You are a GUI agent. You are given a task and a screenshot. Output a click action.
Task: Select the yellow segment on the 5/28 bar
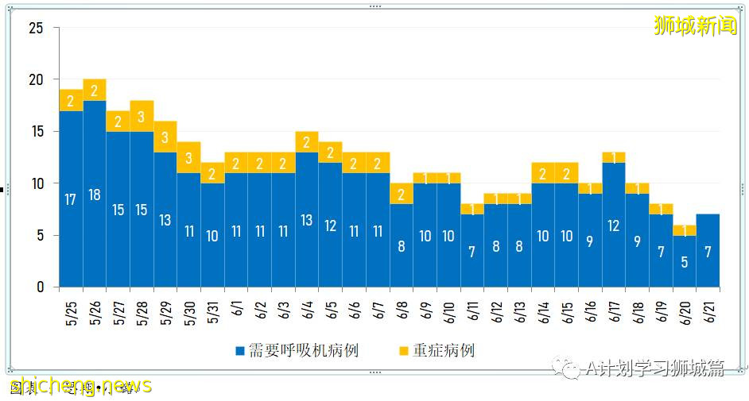tap(142, 116)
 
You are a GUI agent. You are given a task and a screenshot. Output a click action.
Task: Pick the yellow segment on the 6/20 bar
tap(685, 230)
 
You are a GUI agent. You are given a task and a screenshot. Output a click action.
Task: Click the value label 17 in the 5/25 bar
tap(71, 199)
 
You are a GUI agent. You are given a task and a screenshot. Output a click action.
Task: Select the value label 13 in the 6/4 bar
tap(307, 221)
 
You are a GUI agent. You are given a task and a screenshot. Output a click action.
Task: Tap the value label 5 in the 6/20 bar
tap(685, 262)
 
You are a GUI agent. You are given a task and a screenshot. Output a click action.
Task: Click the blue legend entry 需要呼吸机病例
tap(296, 350)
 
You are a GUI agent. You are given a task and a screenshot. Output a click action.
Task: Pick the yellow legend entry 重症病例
tap(437, 350)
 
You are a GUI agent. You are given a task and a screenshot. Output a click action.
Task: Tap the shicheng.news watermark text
tap(80, 387)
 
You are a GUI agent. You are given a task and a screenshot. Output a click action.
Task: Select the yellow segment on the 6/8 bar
tap(402, 194)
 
